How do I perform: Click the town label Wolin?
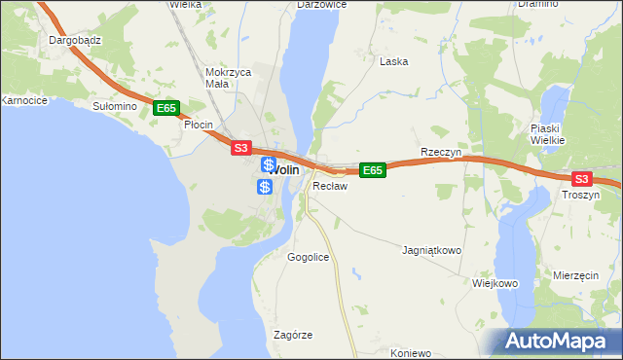tap(283, 169)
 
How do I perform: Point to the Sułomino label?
tap(112, 106)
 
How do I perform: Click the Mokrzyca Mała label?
tap(230, 78)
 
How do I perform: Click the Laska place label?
tap(393, 61)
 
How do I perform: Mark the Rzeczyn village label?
tap(440, 153)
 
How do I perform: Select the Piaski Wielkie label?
tap(555, 134)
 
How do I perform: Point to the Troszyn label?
tap(581, 195)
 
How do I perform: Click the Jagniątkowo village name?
tap(431, 250)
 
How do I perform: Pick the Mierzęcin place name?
tap(575, 275)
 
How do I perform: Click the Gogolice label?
tap(309, 257)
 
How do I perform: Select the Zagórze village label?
tap(293, 335)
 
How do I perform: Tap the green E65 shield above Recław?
tap(372, 170)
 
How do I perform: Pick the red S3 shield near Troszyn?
tap(581, 178)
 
